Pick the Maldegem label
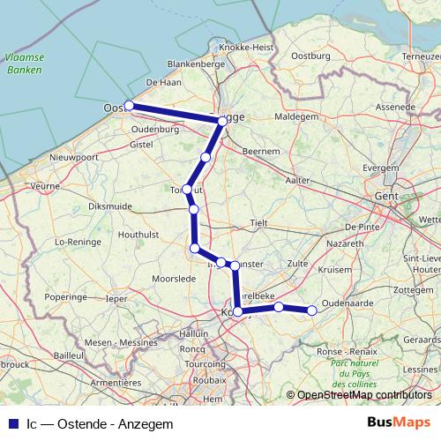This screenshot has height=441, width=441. point(295,116)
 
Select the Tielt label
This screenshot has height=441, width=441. point(258,224)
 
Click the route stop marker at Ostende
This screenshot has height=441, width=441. point(129,106)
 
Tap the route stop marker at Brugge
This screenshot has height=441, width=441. point(222,121)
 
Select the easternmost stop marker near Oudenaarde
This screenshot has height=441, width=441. point(311,310)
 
